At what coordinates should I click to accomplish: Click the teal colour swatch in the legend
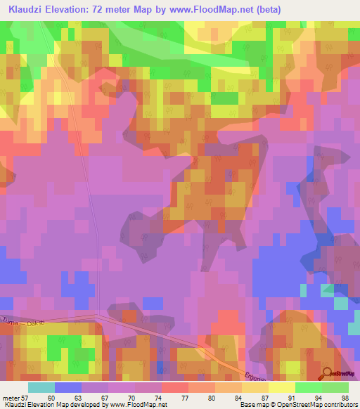pyautogui.click(x=41, y=387)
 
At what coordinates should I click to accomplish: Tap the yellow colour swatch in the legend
pyautogui.click(x=282, y=387)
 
